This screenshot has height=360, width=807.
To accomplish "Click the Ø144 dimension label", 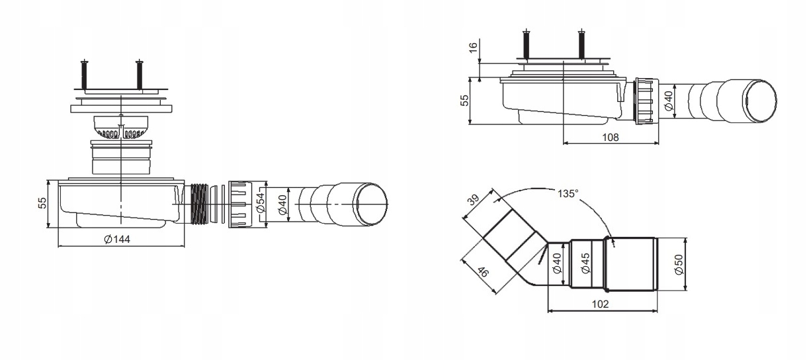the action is [117, 240].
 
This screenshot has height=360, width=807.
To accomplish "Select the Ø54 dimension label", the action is [261, 204].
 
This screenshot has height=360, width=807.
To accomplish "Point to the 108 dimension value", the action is [611, 137].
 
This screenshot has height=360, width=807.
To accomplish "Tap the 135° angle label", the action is [568, 194].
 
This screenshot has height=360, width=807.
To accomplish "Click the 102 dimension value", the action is [600, 304].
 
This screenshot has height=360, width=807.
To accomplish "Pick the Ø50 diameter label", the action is [679, 265].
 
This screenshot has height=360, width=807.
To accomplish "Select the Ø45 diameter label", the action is [586, 263].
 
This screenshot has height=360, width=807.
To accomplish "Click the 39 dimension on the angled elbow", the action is [474, 200].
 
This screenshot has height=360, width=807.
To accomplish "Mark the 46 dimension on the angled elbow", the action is [482, 272].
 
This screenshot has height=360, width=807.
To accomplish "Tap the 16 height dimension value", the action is [474, 47].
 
